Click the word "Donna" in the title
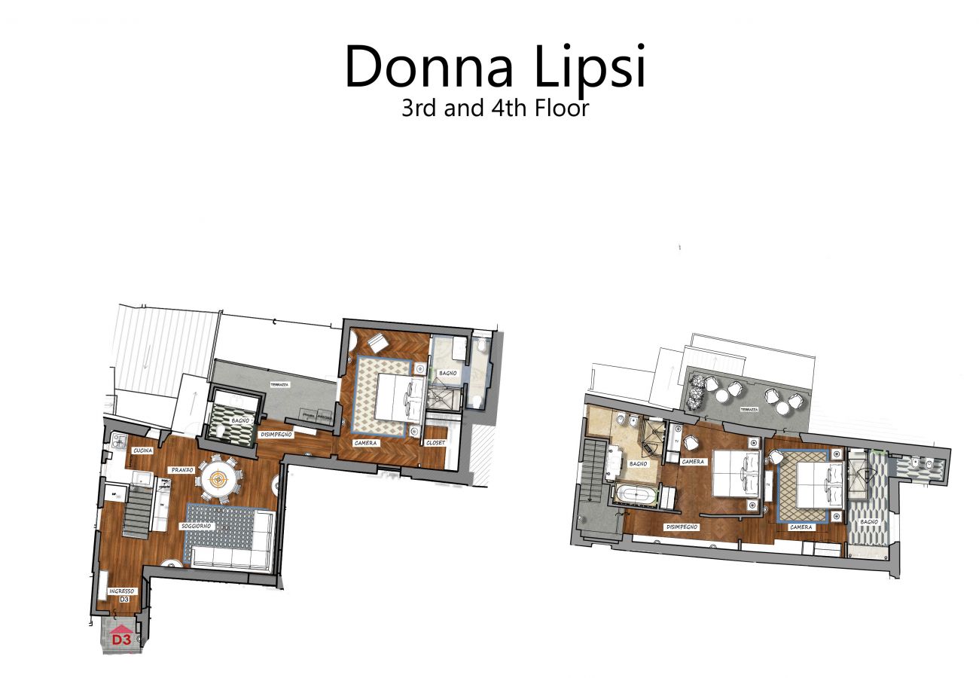click(x=429, y=67)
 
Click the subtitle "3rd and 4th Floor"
click(x=495, y=108)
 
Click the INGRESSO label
click(x=121, y=591)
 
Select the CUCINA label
click(x=143, y=450)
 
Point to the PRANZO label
click(x=182, y=469)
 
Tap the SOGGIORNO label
click(x=197, y=525)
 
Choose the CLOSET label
click(x=436, y=443)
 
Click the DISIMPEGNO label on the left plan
click(x=276, y=435)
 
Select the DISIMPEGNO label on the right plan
click(x=682, y=527)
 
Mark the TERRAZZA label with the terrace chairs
click(x=749, y=410)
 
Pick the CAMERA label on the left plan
click(x=365, y=443)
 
